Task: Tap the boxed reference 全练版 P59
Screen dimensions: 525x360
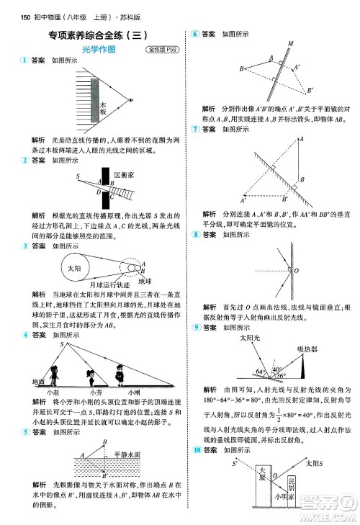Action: pyautogui.click(x=162, y=50)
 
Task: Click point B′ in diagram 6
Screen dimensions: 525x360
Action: pyautogui.click(x=310, y=90)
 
